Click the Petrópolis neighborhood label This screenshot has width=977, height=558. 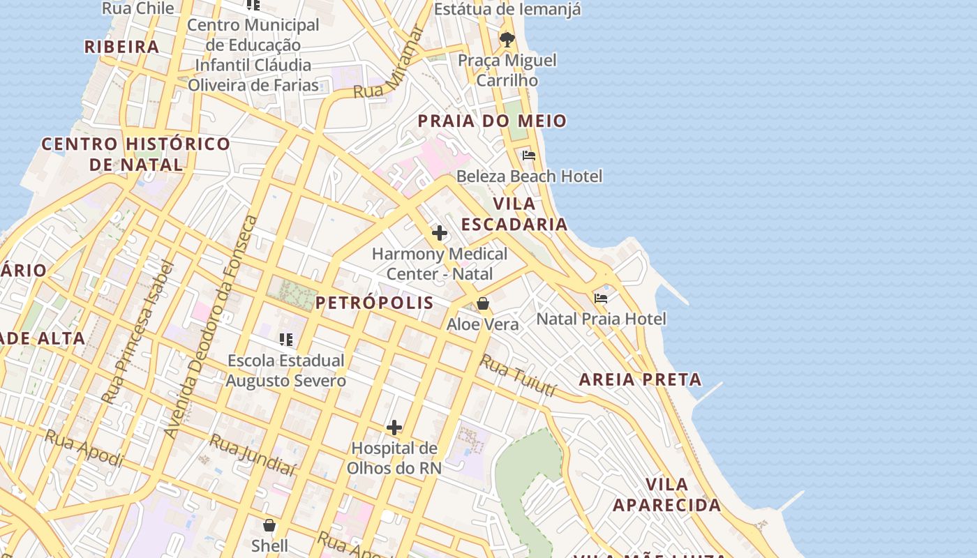click(x=374, y=303)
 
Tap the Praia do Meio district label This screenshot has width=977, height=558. click(x=492, y=121)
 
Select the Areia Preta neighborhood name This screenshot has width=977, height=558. click(x=640, y=380)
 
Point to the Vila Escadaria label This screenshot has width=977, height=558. click(x=514, y=214)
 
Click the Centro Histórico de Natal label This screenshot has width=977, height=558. click(x=136, y=154)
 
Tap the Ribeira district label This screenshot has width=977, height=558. click(x=122, y=47)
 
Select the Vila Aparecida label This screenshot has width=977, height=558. click(x=666, y=495)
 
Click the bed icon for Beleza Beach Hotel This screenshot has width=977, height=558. click(x=529, y=156)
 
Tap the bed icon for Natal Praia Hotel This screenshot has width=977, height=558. click(x=601, y=299)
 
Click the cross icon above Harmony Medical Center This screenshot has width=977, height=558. click(x=440, y=233)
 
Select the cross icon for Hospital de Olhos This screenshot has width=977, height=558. click(x=394, y=427)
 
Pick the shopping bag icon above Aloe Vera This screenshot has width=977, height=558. click(x=482, y=304)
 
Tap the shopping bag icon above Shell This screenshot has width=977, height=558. click(x=269, y=525)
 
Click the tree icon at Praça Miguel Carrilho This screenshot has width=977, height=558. click(x=507, y=39)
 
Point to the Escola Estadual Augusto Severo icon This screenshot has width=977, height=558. click(x=285, y=340)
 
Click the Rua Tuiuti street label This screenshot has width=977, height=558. click(x=518, y=376)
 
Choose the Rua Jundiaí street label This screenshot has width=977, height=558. click(x=252, y=455)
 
